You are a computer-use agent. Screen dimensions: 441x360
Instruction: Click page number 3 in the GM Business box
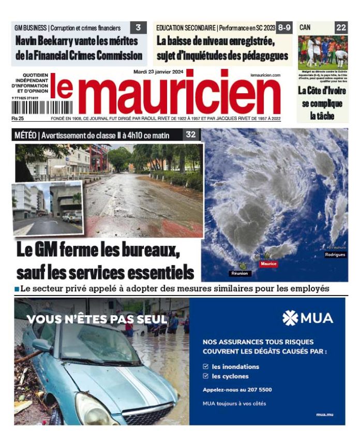(138, 27)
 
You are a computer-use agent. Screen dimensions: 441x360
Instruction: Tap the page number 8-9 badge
(284, 27)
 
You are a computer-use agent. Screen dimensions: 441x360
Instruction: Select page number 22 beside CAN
(341, 27)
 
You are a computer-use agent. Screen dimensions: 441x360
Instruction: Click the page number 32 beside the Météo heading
(191, 135)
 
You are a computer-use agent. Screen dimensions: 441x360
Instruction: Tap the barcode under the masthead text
(29, 107)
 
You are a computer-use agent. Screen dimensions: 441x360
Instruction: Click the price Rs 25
(19, 119)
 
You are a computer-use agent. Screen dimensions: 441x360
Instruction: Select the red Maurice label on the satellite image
(268, 264)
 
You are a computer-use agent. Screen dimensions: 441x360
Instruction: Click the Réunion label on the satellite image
(240, 273)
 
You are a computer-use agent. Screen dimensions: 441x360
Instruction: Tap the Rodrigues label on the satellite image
(335, 255)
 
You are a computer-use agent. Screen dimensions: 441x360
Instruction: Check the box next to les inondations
(206, 366)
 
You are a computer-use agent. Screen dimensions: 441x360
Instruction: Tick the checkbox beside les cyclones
(206, 376)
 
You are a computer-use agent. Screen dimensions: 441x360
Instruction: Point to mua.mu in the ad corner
(324, 415)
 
